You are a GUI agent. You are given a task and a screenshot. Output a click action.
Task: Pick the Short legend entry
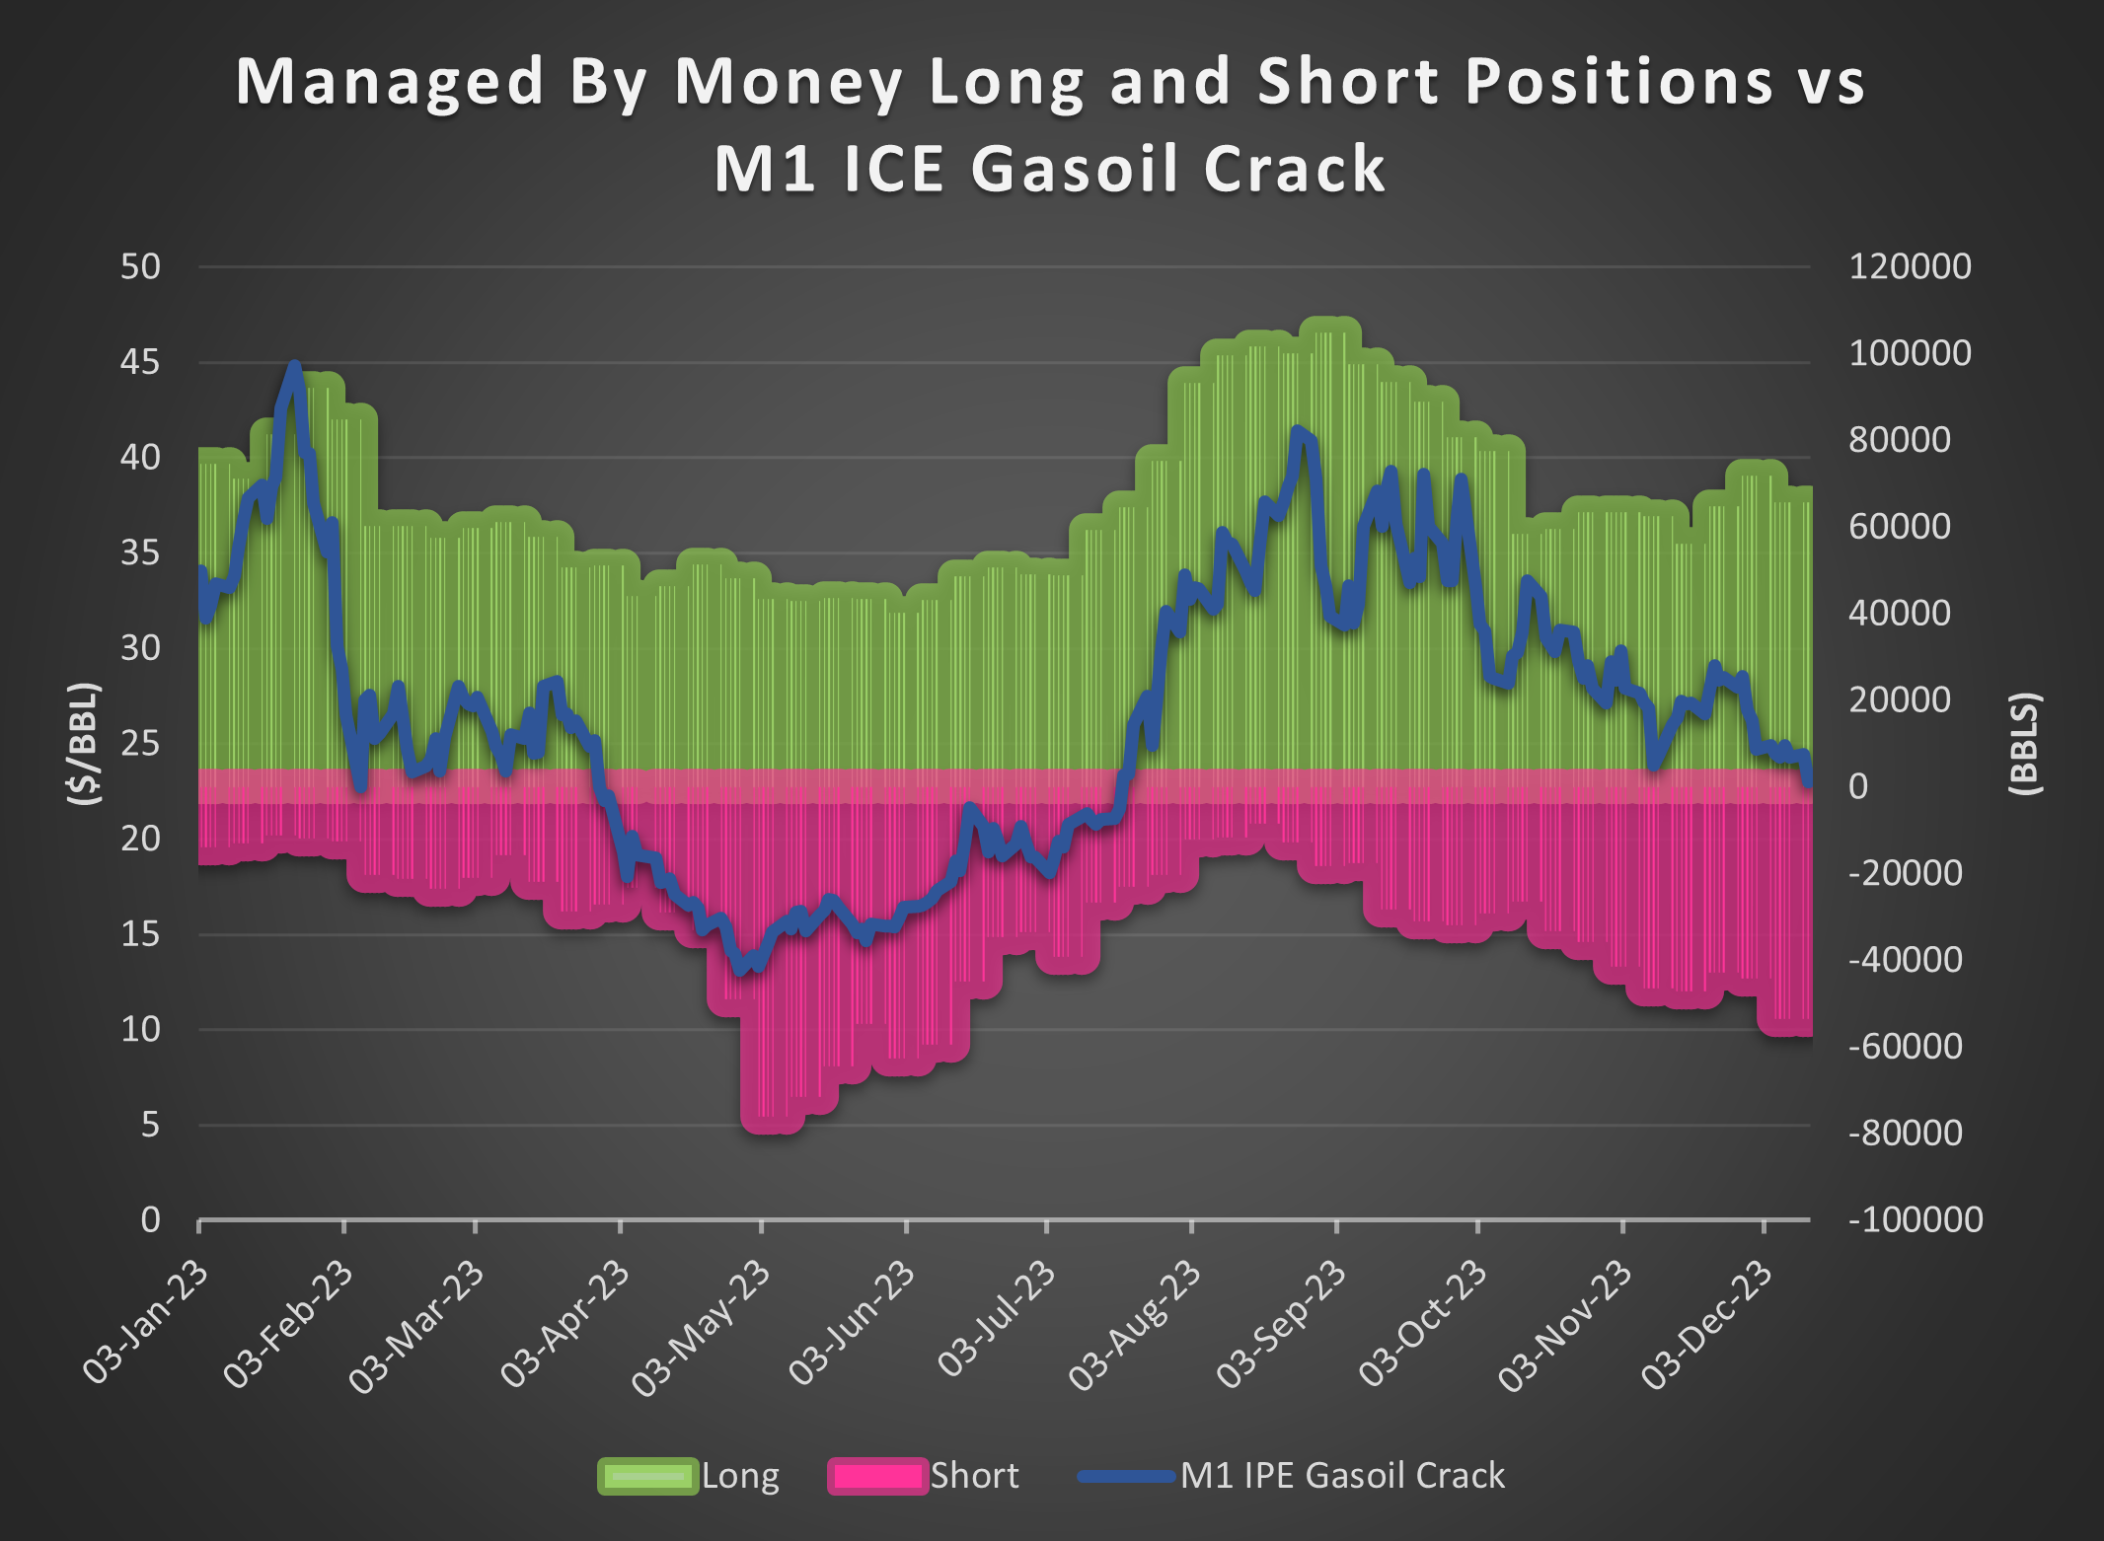tap(924, 1476)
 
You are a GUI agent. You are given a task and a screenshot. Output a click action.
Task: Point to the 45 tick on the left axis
tap(140, 362)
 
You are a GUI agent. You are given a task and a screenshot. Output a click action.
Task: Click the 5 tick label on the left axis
tap(149, 1125)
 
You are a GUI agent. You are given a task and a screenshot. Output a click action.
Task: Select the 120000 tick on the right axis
tap(1909, 266)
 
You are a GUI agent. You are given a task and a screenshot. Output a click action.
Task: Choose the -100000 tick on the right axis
tap(1915, 1220)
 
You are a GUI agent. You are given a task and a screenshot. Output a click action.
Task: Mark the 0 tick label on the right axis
tap(1857, 786)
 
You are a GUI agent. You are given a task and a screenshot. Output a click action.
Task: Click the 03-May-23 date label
tap(703, 1328)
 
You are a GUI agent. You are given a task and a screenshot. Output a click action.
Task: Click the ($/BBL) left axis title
tap(85, 743)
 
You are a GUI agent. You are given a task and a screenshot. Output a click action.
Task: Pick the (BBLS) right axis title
tap(2025, 743)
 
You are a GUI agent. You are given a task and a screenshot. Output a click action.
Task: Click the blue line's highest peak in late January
tap(294, 365)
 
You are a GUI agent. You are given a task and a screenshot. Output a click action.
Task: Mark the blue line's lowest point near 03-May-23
tap(740, 971)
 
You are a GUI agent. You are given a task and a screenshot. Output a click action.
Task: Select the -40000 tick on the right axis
tap(1905, 960)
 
